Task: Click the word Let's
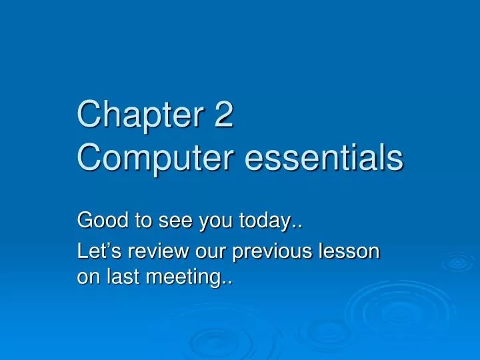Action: click(x=97, y=253)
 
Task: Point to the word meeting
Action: click(x=188, y=278)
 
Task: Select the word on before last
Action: click(x=89, y=278)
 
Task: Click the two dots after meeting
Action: click(x=229, y=282)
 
